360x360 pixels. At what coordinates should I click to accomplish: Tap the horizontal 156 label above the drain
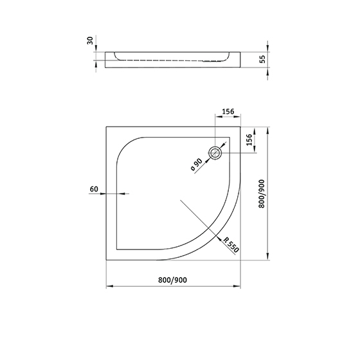[x=228, y=111]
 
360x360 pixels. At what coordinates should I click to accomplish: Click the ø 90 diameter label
[x=195, y=165]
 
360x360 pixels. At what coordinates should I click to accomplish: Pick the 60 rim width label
[x=94, y=189]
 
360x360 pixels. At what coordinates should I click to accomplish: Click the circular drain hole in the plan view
[x=215, y=153]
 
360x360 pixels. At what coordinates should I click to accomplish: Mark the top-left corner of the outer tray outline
[x=105, y=126]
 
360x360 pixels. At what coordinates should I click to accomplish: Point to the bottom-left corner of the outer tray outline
[x=105, y=260]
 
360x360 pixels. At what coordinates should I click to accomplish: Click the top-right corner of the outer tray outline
[x=240, y=126]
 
